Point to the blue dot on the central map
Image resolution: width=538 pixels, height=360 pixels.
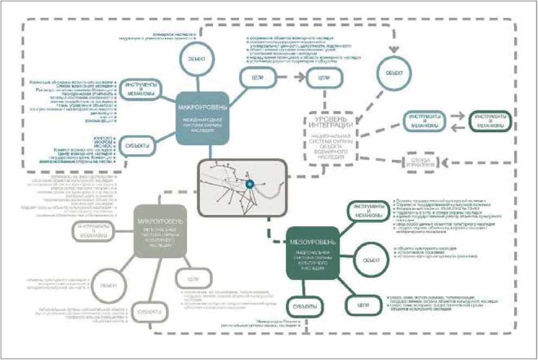[x=249, y=185]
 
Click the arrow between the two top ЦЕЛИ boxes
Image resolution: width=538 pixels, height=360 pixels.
[x=288, y=78]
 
